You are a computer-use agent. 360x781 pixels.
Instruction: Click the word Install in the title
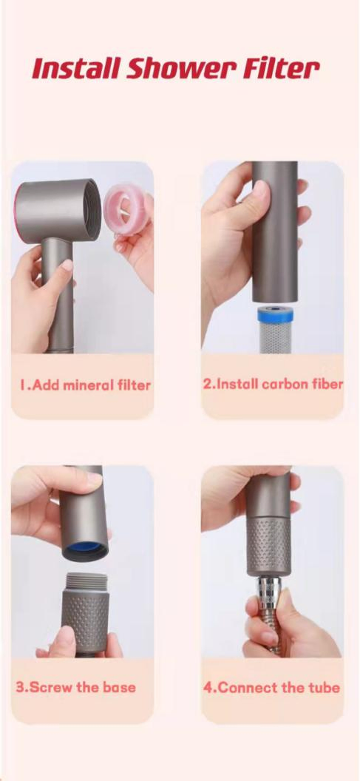76,70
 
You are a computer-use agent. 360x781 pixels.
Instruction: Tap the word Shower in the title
182,70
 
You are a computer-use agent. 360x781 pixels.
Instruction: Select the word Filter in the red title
281,70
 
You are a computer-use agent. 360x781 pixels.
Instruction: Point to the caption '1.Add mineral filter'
85,385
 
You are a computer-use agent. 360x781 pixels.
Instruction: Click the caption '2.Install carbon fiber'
273,384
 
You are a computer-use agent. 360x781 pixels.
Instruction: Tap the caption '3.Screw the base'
75,687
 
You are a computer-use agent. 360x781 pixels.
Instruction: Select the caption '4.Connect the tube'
271,688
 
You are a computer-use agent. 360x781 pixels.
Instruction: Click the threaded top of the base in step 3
87,581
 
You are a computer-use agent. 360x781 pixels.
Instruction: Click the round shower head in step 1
58,212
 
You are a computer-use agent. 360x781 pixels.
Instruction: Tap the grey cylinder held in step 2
275,231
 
